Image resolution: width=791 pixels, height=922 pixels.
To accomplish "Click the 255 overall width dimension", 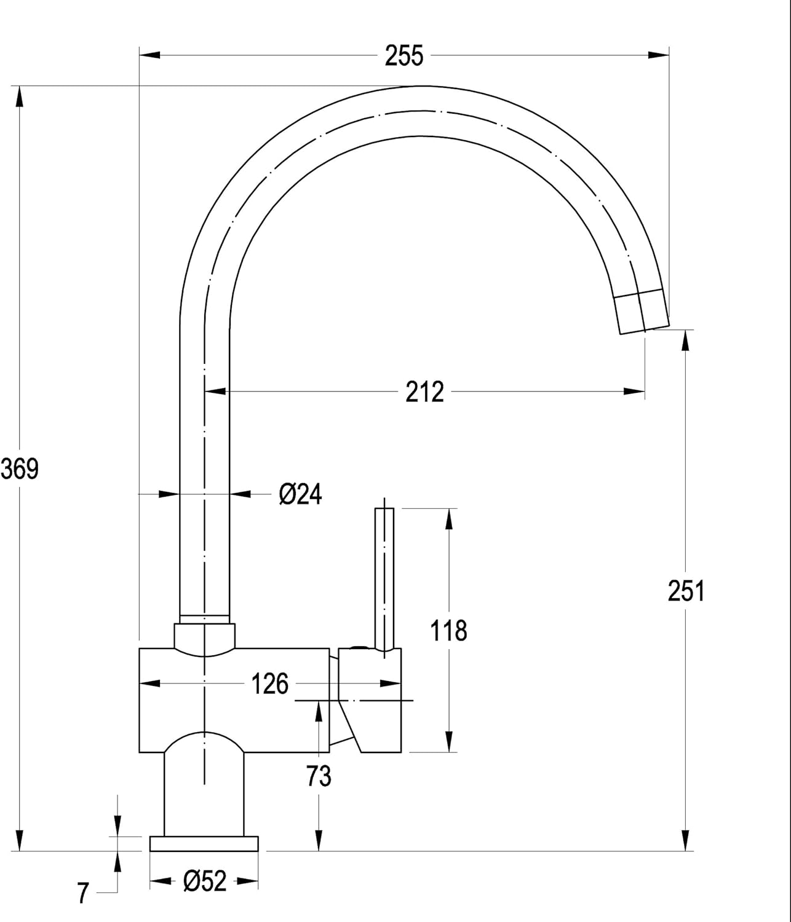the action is point(404,56).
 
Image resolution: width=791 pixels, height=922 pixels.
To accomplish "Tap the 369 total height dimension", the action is point(20,469).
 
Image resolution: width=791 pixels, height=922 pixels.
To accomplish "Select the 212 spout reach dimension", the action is point(424,392).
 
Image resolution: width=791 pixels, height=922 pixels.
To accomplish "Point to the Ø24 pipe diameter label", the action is point(300,494).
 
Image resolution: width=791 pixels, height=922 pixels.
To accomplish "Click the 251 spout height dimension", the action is point(686,591).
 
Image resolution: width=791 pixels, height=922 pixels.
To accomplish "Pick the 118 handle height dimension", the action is point(448,631).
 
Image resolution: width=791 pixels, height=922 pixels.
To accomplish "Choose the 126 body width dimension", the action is point(270,684).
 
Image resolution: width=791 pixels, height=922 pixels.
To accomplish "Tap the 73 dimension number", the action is point(319,776).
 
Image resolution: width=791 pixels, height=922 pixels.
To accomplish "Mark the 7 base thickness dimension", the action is point(83,893).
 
